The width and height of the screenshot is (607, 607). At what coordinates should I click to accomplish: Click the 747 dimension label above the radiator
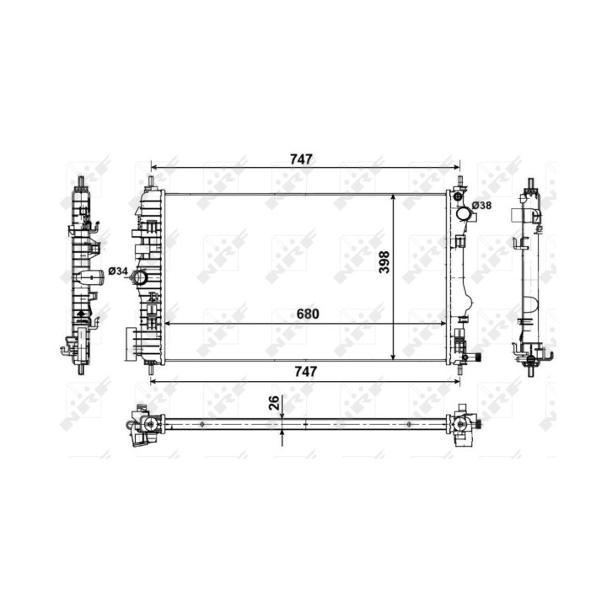[x=301, y=159]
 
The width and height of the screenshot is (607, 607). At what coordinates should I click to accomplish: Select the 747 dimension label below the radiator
[x=305, y=372]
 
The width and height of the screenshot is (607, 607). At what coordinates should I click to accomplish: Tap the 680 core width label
[x=308, y=314]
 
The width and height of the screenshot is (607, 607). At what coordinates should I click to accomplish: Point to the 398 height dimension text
[x=384, y=262]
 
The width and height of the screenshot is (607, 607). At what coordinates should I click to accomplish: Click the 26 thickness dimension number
[x=274, y=403]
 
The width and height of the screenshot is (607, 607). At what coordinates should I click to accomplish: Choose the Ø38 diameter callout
[x=482, y=206]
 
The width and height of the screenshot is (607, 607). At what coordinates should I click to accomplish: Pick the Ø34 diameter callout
[x=118, y=271]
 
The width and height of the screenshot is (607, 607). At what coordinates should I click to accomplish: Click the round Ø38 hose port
[x=464, y=213]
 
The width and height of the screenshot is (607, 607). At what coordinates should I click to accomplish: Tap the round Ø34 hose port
[x=138, y=277]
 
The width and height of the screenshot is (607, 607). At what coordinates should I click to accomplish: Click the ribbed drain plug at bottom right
[x=478, y=357]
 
